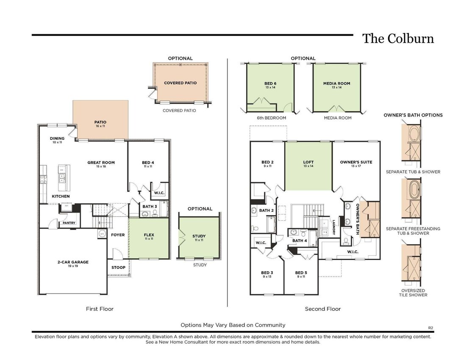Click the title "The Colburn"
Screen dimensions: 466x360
[x=398, y=39]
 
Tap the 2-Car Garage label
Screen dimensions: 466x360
[x=73, y=264]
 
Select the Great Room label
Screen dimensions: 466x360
[x=101, y=164]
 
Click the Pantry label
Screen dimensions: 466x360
[x=69, y=223]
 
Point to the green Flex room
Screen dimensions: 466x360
[x=149, y=238]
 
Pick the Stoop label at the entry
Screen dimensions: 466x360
[x=118, y=267]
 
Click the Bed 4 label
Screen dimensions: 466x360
[x=148, y=164]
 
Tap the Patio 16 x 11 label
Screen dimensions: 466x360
[x=100, y=124]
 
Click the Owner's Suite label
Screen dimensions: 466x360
[x=356, y=164]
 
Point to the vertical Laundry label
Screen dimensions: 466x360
[x=334, y=227]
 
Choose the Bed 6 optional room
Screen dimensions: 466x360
[x=270, y=88]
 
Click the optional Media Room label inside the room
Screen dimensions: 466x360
[x=337, y=85]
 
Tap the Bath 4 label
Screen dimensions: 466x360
[x=300, y=241]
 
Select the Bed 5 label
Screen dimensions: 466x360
[x=301, y=274]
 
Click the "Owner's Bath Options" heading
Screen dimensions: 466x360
[x=413, y=115]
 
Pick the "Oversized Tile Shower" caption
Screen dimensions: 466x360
[x=413, y=293]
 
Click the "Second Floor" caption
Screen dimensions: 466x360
[x=323, y=309]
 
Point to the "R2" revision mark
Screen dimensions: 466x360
[x=431, y=328]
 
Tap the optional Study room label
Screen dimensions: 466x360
[x=199, y=238]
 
